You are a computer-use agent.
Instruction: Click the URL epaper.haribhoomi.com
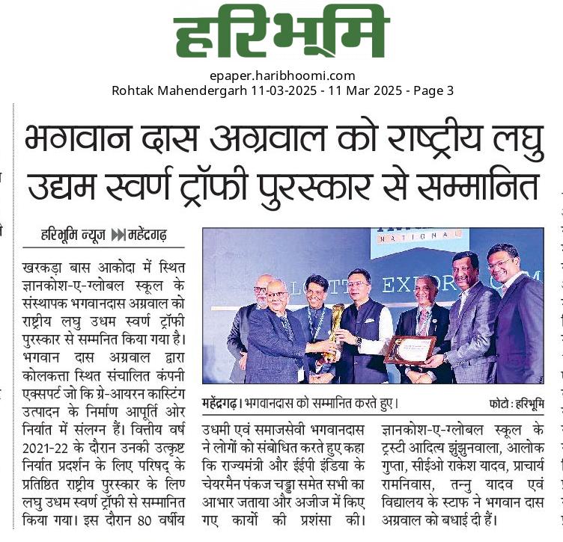coord(282,76)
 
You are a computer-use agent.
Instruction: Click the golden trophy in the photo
coord(335,326)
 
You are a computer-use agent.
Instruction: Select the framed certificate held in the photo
coord(410,350)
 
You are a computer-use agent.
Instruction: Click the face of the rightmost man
coord(502,259)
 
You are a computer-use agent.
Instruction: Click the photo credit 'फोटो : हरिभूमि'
coord(516,404)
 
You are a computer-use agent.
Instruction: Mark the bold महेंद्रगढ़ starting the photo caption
coord(221,404)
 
